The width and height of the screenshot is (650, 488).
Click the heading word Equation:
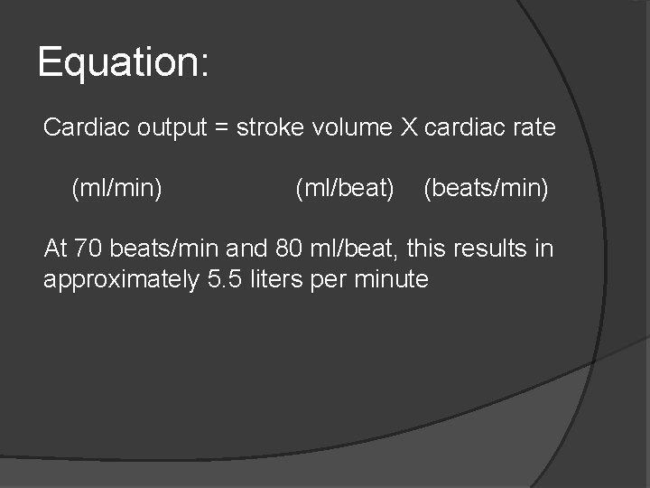tap(124, 63)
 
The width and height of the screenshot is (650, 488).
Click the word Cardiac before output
tap(88, 127)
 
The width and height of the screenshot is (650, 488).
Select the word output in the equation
tap(172, 127)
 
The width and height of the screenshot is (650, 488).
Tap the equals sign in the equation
tap(222, 128)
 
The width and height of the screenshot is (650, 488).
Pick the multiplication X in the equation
tap(410, 127)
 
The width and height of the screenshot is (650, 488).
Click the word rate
tap(534, 127)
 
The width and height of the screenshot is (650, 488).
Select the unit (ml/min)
tap(116, 189)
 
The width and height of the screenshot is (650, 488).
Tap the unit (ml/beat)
tap(345, 189)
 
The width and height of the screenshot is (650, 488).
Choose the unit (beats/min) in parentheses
tap(486, 189)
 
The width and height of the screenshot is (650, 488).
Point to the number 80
tap(278, 249)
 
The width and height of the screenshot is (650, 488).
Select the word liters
tap(275, 279)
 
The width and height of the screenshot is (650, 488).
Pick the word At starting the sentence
tap(55, 249)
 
